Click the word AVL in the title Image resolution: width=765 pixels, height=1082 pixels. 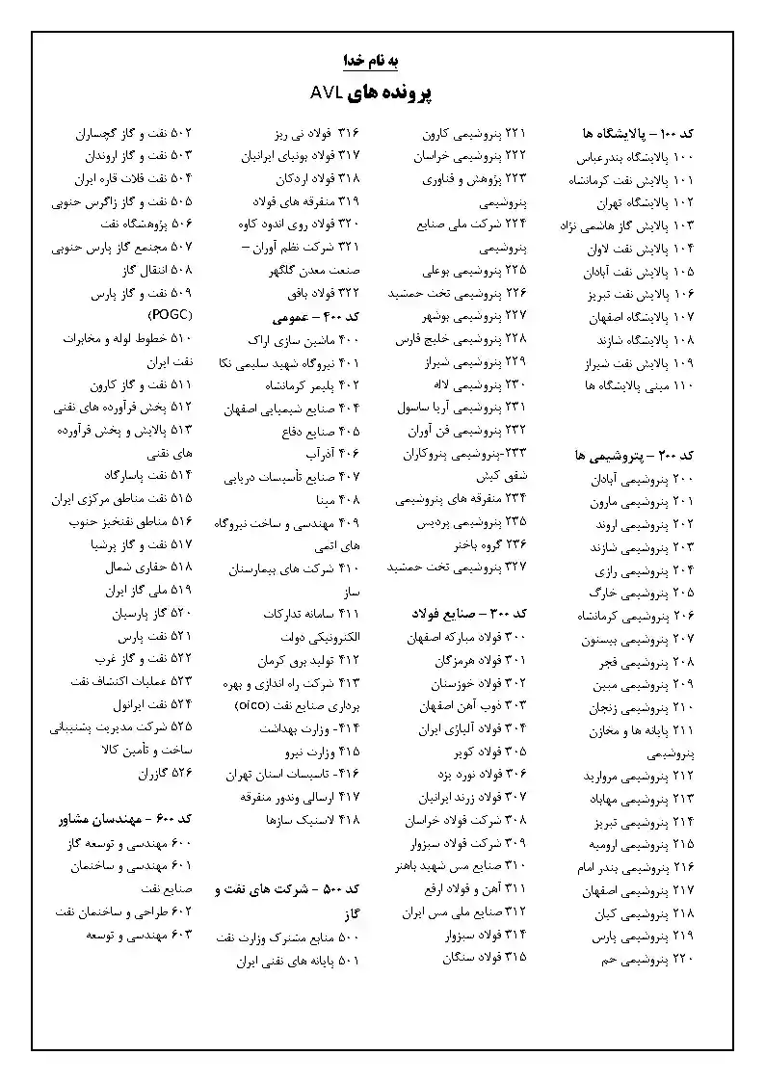329,92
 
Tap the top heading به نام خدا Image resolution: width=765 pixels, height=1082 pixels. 371,60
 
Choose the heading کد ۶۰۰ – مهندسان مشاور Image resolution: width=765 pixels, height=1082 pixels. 121,818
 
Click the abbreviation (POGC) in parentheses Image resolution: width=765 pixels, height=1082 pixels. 171,315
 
